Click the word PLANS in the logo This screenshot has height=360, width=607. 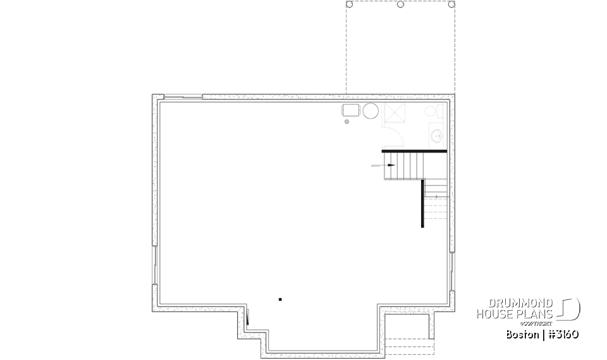(538, 314)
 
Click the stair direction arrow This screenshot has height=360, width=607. (389, 165)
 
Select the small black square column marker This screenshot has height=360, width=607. (279, 299)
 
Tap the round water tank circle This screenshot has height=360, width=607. (371, 111)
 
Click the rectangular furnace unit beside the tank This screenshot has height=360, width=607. (351, 111)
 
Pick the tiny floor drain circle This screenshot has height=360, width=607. (346, 122)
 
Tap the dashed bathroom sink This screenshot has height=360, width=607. (436, 135)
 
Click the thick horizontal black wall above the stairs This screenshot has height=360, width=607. (414, 151)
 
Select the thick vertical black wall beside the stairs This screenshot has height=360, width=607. (422, 202)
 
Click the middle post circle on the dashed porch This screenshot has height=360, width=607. (401, 4)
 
